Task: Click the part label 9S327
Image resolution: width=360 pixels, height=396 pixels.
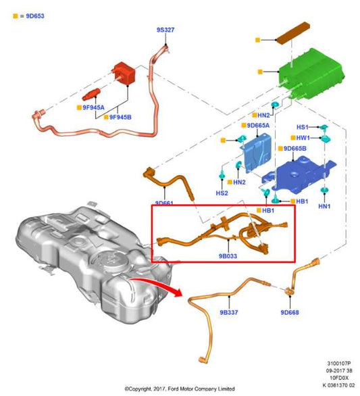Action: pyautogui.click(x=165, y=30)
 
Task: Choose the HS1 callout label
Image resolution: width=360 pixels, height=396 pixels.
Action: pyautogui.click(x=303, y=127)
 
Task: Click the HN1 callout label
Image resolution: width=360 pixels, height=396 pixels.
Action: pyautogui.click(x=324, y=205)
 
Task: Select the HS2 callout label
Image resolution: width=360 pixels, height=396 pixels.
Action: pyautogui.click(x=222, y=193)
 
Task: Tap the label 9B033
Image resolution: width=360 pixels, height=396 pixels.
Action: pyautogui.click(x=228, y=256)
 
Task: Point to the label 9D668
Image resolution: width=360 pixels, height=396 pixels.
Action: pyautogui.click(x=290, y=313)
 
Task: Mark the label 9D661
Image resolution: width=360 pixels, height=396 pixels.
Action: pyautogui.click(x=165, y=203)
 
